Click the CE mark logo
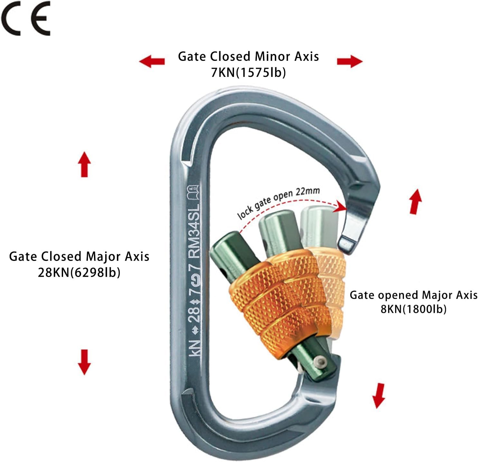pos(26,18)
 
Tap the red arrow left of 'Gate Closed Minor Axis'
pos(152,61)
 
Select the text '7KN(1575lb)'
pos(248,73)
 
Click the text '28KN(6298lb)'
pos(79,273)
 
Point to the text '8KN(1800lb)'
pos(414,309)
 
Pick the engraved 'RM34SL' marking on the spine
pos(194,230)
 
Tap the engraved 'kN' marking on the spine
pos(194,347)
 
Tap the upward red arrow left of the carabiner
pos(84,164)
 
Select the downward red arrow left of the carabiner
pos(84,362)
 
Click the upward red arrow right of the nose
pos(415,201)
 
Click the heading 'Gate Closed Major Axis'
pos(79,256)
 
